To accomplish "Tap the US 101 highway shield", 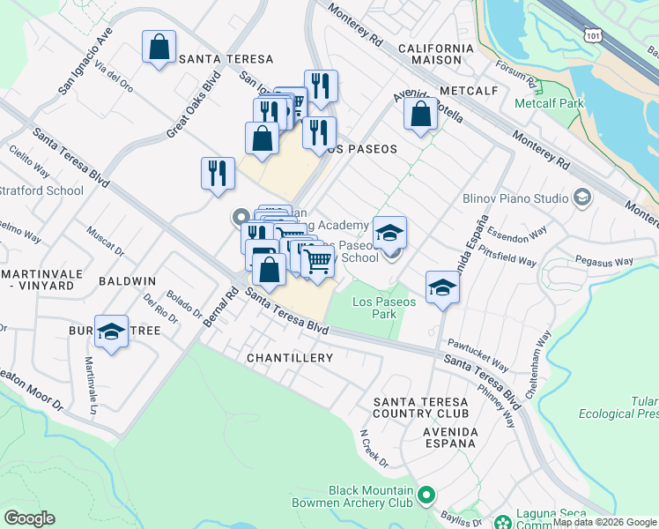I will click(x=591, y=31).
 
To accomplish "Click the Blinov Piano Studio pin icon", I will click(x=581, y=197).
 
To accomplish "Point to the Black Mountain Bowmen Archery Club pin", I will click(x=426, y=496).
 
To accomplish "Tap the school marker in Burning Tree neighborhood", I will click(x=110, y=332).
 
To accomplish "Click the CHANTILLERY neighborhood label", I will click(x=290, y=358).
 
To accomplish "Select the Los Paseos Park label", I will click(x=383, y=308).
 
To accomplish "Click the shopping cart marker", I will click(x=317, y=262).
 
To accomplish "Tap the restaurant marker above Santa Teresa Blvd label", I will click(x=217, y=173).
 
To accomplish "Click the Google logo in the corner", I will click(x=29, y=518).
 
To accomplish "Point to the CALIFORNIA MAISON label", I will click(x=430, y=54).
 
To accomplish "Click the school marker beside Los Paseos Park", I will click(x=442, y=287).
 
